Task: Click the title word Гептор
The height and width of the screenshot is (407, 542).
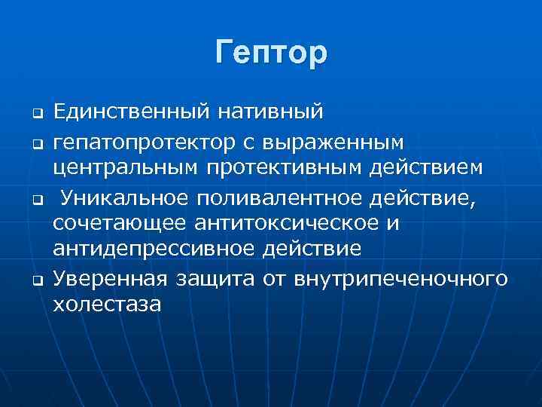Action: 271,54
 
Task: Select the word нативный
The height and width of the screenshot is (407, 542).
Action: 270,114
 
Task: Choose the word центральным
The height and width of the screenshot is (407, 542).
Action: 126,169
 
